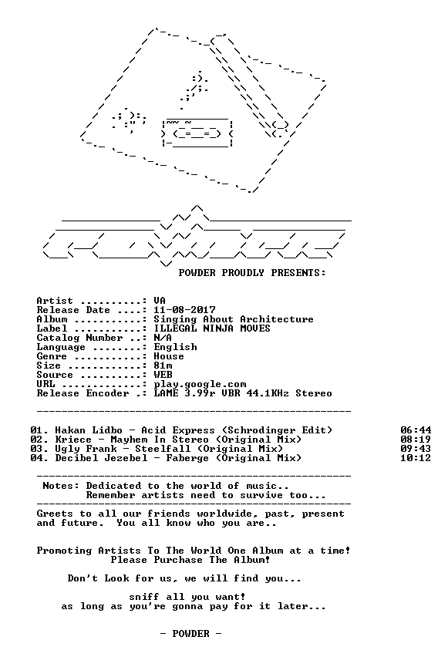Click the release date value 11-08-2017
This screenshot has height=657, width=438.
pos(184,310)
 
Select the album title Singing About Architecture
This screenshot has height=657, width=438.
pos(234,319)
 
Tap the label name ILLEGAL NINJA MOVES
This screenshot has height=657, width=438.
pos(212,328)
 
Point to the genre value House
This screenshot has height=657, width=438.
pos(169,356)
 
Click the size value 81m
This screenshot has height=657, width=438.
pos(163,366)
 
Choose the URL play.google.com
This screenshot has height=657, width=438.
pos(200,384)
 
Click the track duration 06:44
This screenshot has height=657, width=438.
pos(416,430)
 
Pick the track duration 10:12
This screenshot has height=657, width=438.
pos(416,458)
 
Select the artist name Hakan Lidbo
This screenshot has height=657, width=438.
pos(89,430)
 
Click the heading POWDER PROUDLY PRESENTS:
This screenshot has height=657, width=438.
pos(252,273)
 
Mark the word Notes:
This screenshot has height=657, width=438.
pos(61,486)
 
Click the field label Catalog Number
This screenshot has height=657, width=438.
pos(79,338)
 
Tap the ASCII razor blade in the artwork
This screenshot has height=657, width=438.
pos(197,133)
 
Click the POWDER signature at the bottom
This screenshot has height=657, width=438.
pos(190,634)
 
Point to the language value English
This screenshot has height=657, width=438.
pos(175,347)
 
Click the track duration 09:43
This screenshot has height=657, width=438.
pos(416,449)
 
